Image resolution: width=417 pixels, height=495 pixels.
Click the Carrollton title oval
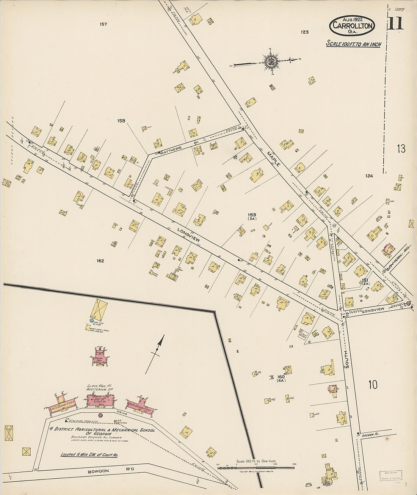(352, 25)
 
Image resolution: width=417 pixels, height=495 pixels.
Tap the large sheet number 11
(395, 24)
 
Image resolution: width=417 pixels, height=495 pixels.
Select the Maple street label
(273, 159)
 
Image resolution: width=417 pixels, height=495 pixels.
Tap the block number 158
(121, 121)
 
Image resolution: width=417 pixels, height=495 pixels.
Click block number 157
(103, 24)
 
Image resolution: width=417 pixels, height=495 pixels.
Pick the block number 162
(100, 261)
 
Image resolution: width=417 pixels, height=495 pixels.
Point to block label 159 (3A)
(252, 217)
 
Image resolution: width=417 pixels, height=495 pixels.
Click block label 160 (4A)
(281, 379)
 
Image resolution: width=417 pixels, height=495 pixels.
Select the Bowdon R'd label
(103, 472)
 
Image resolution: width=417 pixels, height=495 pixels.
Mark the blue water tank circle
(91, 321)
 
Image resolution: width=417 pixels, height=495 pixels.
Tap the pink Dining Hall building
(100, 357)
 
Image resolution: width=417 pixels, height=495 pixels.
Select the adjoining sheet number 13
(401, 149)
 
